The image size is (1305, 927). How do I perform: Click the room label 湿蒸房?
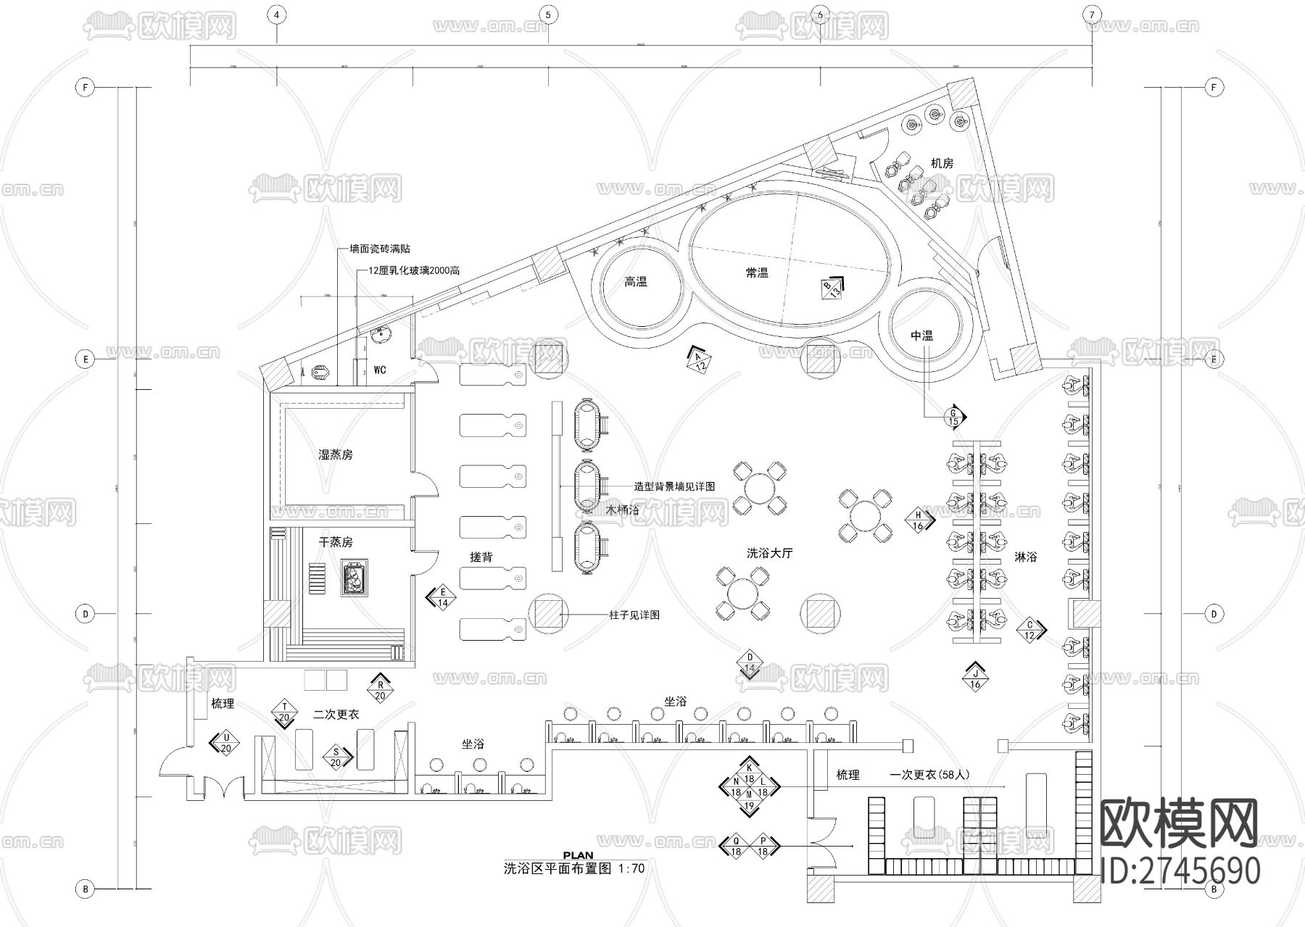(x=336, y=455)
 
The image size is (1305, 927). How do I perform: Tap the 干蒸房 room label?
(x=336, y=542)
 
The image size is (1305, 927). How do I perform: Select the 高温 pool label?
(x=636, y=282)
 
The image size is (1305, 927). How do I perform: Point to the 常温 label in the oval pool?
(x=757, y=273)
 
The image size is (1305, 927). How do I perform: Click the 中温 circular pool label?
(x=922, y=336)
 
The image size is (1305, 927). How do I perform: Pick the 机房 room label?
(x=942, y=164)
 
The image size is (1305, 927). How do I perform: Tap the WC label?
(x=380, y=370)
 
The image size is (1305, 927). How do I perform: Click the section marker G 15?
(x=954, y=417)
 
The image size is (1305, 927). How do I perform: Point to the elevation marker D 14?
(x=750, y=662)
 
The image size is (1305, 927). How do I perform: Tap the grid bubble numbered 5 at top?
(x=548, y=14)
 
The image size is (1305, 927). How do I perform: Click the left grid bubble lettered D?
(x=86, y=614)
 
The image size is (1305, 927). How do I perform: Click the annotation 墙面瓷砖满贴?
(x=380, y=249)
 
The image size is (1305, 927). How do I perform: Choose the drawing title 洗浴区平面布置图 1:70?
(x=573, y=868)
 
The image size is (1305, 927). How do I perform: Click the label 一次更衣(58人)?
(x=929, y=775)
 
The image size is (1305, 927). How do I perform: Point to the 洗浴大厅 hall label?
(x=770, y=553)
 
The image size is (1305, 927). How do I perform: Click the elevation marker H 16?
(x=918, y=521)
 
